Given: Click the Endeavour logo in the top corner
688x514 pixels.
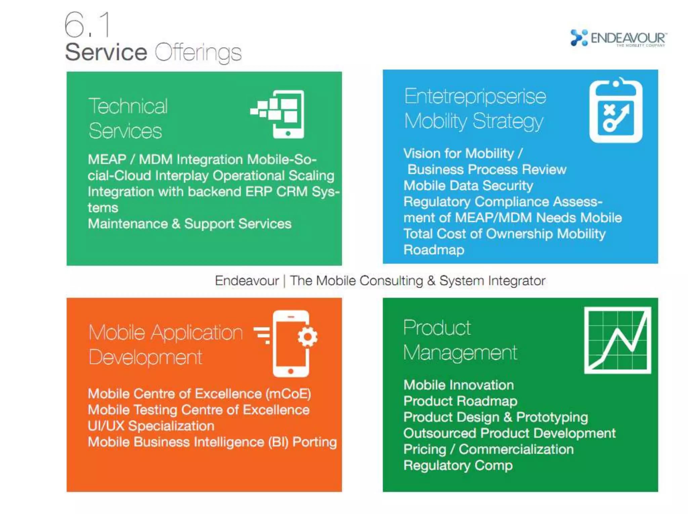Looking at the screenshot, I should tap(618, 38).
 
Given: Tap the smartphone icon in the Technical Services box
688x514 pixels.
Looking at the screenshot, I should tap(288, 114).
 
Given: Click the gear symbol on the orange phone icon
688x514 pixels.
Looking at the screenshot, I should tap(307, 336).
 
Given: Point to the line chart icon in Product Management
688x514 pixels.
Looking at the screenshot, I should tap(617, 340).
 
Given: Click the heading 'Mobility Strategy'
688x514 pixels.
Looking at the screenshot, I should tap(473, 121).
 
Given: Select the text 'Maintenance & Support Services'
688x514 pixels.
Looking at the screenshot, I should tap(189, 224).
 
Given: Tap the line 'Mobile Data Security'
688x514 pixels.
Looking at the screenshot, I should tap(468, 186).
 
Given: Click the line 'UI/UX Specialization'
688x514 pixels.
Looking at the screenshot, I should tap(151, 426).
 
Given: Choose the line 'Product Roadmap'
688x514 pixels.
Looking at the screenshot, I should tap(460, 401).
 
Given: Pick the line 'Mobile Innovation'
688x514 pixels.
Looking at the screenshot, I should tap(459, 385).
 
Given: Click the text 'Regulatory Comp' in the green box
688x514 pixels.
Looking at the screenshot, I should tap(458, 465).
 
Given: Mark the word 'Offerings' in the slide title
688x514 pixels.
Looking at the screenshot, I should tap(198, 53).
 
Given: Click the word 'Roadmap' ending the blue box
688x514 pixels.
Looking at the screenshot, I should tap(434, 250).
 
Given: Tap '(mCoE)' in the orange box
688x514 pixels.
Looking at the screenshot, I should tap(288, 393).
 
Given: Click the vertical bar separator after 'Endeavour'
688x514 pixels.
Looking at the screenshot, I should tap(284, 281).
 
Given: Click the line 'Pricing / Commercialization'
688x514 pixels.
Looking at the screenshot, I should tap(488, 449).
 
